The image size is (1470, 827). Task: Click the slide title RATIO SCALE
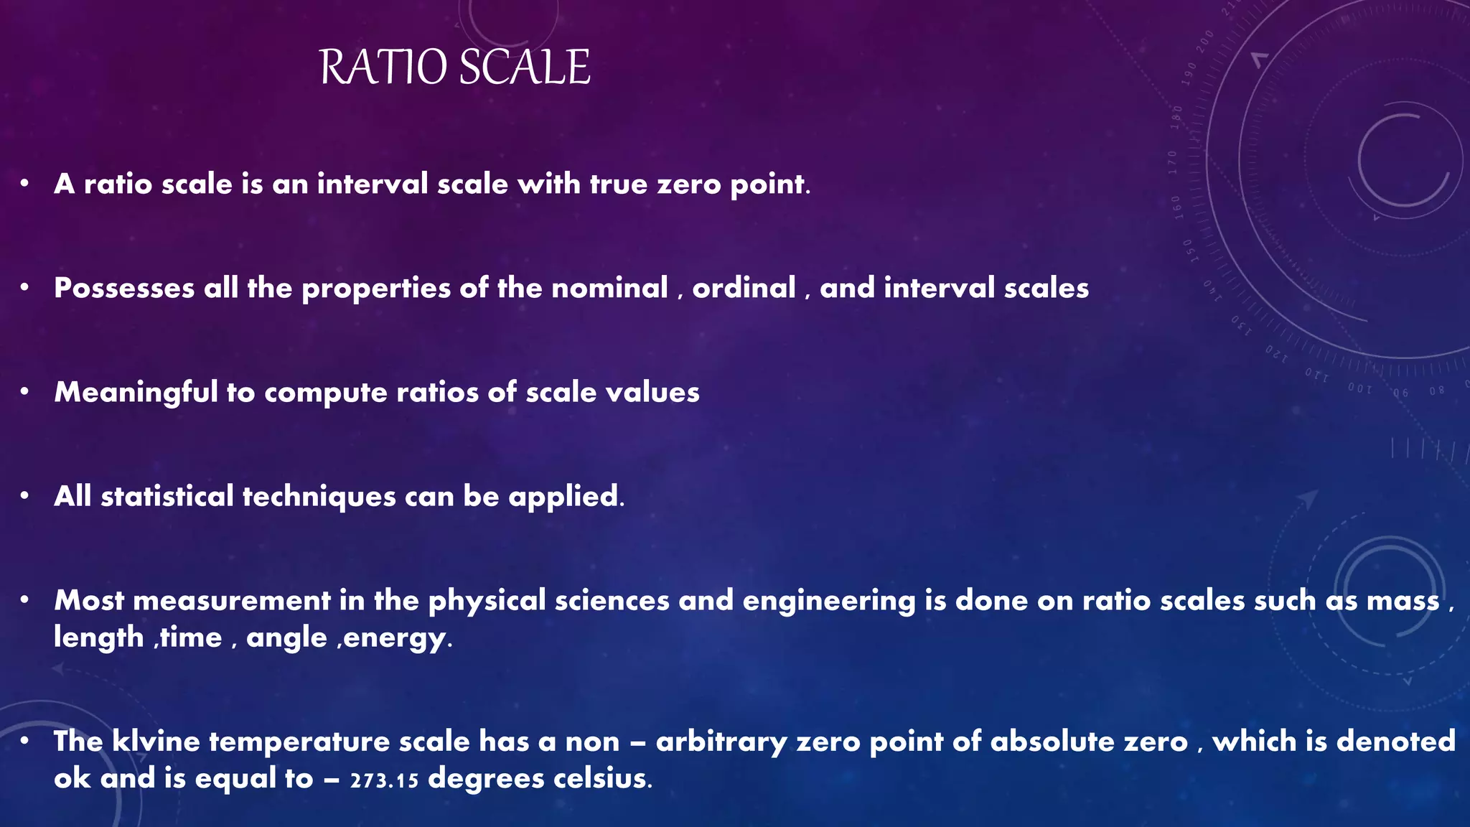454,67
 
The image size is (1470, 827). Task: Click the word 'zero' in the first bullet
689,184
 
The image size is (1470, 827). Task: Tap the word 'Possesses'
124,289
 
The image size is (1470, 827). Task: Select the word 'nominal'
609,289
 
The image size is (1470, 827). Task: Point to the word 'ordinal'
744,289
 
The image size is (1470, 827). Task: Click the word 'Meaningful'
136,393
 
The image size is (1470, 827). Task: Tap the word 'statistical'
167,497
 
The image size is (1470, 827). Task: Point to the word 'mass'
1403,601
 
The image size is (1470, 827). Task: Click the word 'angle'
286,637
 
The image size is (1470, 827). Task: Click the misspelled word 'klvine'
156,742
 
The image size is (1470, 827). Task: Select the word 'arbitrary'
721,742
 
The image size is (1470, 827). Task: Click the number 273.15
384,780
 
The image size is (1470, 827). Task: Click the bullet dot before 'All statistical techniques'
24,496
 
